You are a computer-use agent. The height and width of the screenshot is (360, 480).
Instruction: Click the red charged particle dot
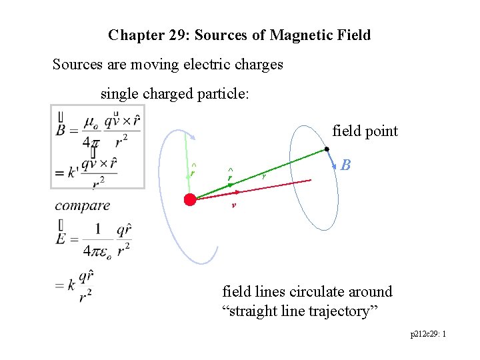(190, 199)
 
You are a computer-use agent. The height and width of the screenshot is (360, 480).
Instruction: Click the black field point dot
(327, 149)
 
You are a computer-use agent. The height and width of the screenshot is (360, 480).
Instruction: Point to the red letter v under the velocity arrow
(233, 205)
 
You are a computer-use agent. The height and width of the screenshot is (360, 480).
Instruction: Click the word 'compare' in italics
(83, 205)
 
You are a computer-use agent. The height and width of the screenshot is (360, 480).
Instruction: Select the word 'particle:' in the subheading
(224, 94)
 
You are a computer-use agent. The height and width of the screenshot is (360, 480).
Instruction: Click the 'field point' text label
(365, 131)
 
